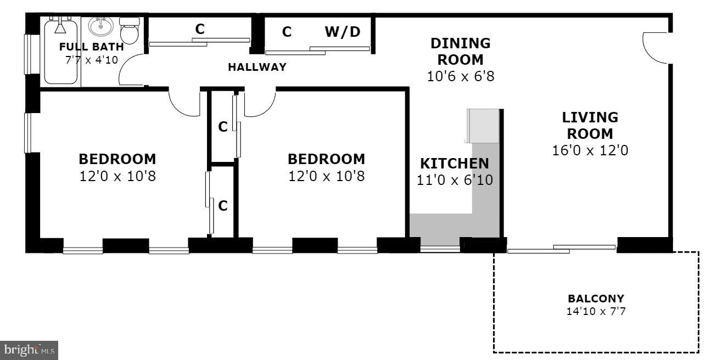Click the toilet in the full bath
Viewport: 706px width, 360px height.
pos(130,31)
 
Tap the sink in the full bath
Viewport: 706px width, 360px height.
pos(100,26)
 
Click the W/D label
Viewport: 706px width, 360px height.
pos(343,32)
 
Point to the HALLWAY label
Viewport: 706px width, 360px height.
pos(257,67)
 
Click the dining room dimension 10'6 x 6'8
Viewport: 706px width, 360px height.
pos(461,76)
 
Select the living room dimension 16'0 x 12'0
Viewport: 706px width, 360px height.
pos(590,150)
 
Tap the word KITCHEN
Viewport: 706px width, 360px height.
pos(454,164)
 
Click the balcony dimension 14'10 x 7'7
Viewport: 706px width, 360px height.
pos(596,312)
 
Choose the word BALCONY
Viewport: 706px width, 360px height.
pos(596,299)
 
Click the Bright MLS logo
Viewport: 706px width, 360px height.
pos(29,350)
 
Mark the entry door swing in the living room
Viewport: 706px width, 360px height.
pos(654,48)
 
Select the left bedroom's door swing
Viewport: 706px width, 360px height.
pos(185,103)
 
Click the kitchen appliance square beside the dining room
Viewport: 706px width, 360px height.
pos(483,125)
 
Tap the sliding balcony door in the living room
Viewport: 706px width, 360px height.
pos(561,249)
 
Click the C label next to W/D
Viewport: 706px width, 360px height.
pos(287,32)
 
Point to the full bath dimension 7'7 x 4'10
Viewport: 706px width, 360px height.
pos(92,60)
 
